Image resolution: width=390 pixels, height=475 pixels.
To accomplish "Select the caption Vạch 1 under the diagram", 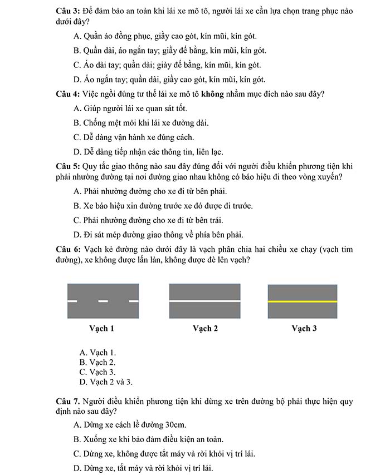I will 102,328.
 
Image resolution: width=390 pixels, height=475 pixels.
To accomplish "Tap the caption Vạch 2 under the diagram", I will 205,328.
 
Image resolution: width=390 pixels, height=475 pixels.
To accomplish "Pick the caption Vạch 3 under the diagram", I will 304,328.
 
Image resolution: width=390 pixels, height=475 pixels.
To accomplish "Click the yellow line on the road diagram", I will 303,301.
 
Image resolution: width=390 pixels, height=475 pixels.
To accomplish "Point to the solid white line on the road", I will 205,301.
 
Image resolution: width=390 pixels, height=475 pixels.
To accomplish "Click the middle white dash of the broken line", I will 103,301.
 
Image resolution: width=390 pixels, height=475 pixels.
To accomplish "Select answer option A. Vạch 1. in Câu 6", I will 98,353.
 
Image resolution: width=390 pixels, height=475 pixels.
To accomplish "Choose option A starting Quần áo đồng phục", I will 165,36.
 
